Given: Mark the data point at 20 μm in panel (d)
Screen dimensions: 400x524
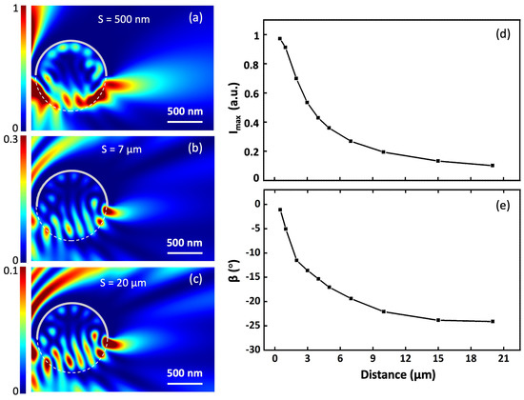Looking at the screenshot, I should [493, 166].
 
